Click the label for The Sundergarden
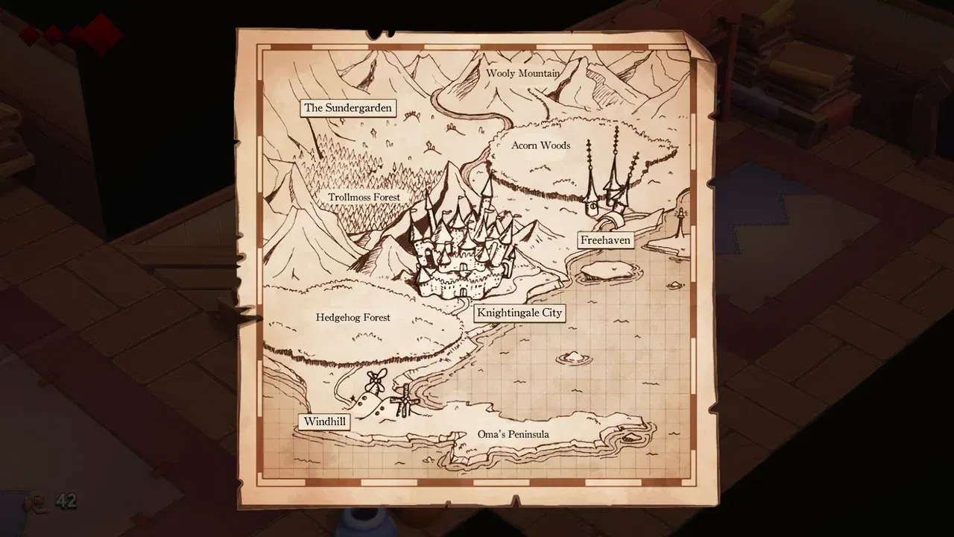coord(347,108)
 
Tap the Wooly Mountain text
coord(522,73)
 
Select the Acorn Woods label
coord(540,145)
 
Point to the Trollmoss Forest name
coord(364,198)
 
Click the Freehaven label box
coord(605,240)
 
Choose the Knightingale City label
coord(519,313)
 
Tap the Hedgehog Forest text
coord(353,318)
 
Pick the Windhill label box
coord(325,422)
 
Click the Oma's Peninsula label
coord(513,435)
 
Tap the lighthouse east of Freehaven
coord(680,222)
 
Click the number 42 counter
coord(66,501)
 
